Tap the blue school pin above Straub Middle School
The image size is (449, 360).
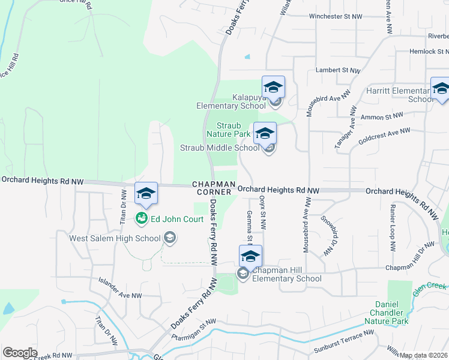(x=265, y=133)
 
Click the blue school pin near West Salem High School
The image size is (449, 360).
(x=146, y=193)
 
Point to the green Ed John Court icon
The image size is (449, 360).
(x=142, y=218)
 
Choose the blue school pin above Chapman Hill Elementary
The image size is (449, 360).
(x=250, y=256)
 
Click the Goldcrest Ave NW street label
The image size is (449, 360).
(x=384, y=136)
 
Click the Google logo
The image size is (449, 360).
(x=20, y=353)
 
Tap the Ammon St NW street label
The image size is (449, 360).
(x=384, y=115)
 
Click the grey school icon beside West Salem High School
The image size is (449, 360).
(x=170, y=238)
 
